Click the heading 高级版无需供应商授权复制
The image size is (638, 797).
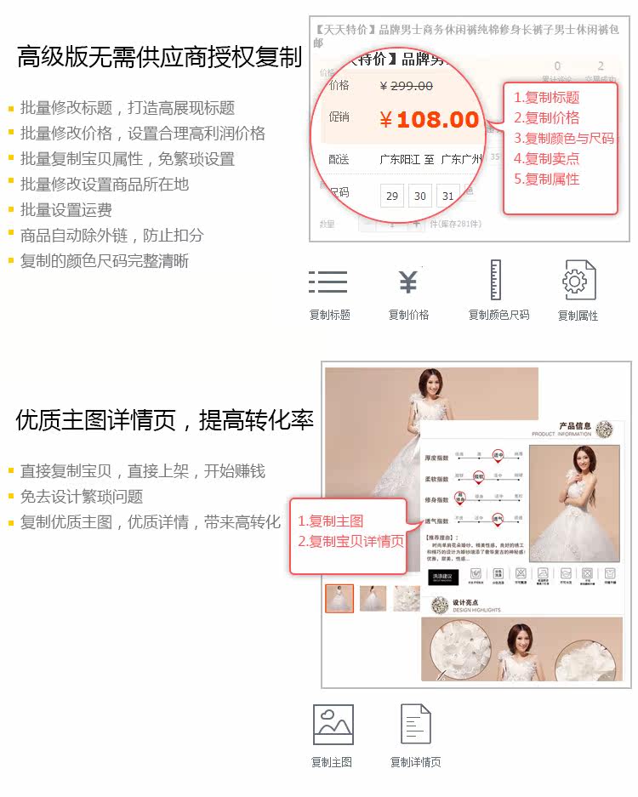pos(159,58)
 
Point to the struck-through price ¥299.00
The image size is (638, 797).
pos(406,86)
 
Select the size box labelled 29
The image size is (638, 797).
pos(392,196)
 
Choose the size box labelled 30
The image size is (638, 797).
pos(420,196)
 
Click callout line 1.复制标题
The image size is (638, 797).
pos(546,97)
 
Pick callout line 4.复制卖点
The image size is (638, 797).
pos(546,158)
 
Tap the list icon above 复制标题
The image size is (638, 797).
pos(328,282)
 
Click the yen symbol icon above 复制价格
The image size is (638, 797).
pos(408,282)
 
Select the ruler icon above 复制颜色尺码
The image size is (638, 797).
pos(496,280)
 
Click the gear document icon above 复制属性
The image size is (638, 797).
pos(578,281)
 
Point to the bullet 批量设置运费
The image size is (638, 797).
pos(66,210)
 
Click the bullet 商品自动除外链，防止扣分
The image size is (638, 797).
pos(111,236)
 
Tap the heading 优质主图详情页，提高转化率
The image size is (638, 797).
pos(164,420)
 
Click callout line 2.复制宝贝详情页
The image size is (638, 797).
pos(350,542)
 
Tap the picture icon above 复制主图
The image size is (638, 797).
pos(333,725)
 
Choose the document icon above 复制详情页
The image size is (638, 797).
pos(415,725)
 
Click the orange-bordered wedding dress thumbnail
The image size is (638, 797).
pos(339,598)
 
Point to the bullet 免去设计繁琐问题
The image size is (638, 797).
pos(81,497)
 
